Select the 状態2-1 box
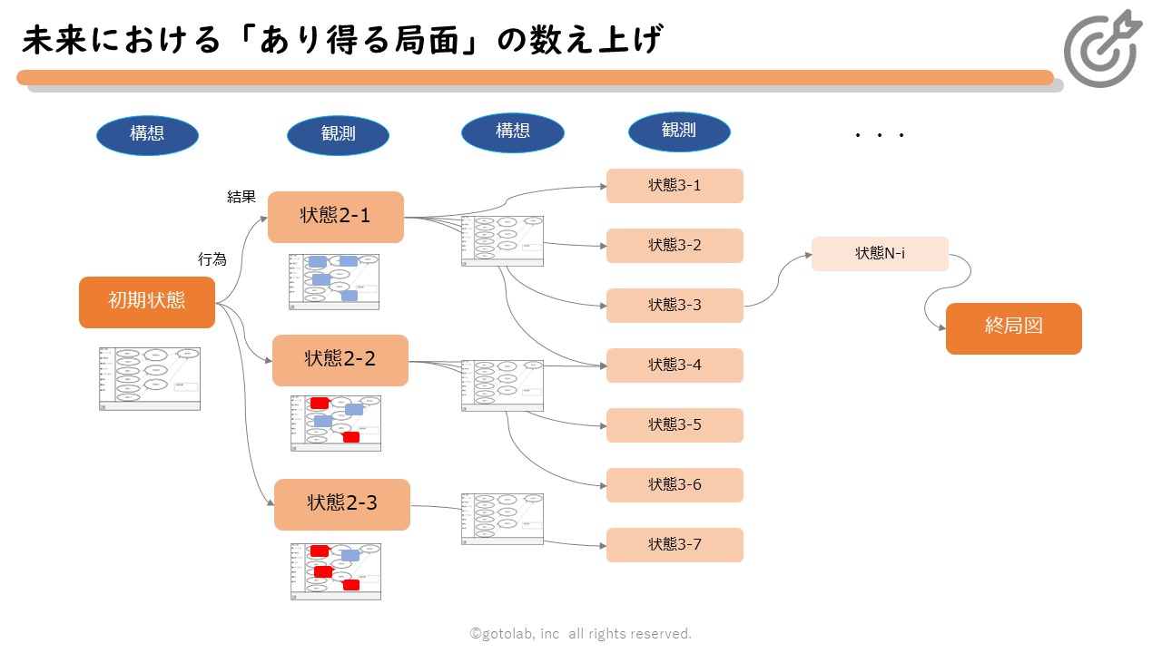click(336, 217)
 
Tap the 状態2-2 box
click(340, 360)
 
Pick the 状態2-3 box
click(342, 504)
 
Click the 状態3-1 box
click(675, 186)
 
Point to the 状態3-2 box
click(675, 246)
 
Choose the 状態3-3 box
click(675, 306)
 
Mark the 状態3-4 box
click(675, 365)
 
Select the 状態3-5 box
click(675, 425)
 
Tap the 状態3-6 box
click(675, 485)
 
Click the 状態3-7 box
click(675, 545)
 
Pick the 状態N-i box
click(880, 254)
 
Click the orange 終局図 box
click(1014, 328)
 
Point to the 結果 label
click(241, 197)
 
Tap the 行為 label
click(212, 259)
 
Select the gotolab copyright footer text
click(581, 634)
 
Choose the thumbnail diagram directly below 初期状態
click(150, 379)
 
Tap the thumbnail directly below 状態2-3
click(336, 571)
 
